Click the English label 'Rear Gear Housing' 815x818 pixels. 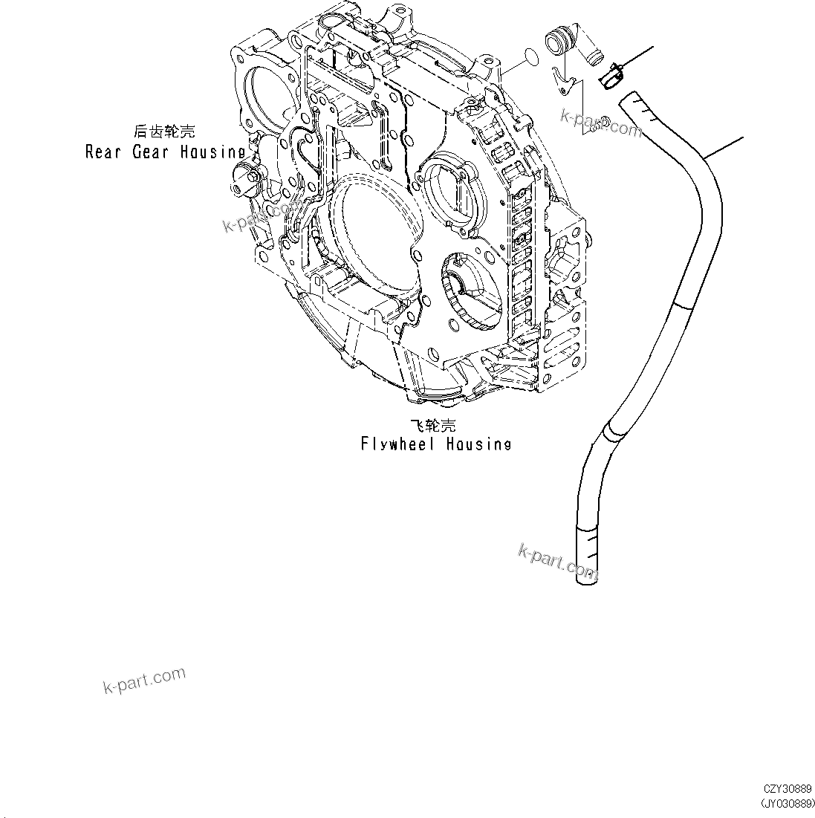[x=165, y=152]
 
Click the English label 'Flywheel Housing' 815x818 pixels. [x=436, y=444]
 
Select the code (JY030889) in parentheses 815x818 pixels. [x=787, y=804]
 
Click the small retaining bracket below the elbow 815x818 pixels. [x=563, y=80]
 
